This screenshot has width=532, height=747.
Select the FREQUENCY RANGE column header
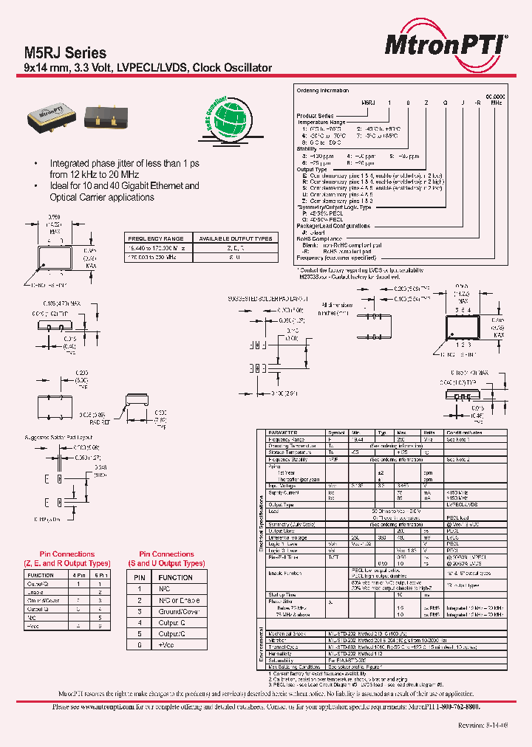(156, 238)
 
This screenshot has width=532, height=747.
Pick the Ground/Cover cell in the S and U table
(179, 611)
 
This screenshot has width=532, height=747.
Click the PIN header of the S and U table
(138, 577)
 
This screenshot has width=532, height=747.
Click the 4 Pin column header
(78, 574)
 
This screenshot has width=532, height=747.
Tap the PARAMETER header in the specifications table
(283, 433)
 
